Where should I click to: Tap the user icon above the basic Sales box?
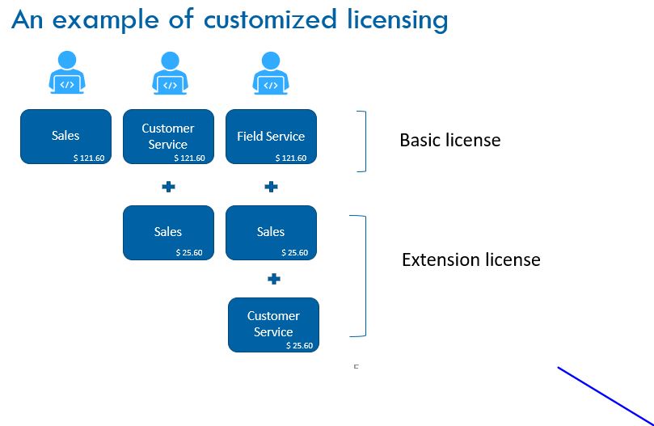pyautogui.click(x=66, y=73)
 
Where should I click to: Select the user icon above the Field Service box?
pyautogui.click(x=271, y=73)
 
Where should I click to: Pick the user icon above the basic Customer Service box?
pyautogui.click(x=169, y=73)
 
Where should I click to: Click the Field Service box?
pyautogui.click(x=271, y=137)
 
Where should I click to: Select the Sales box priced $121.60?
pyautogui.click(x=65, y=137)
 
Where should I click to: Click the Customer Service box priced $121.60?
pyautogui.click(x=168, y=137)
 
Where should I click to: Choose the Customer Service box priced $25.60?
pyautogui.click(x=273, y=324)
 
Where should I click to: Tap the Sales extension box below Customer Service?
pyautogui.click(x=168, y=233)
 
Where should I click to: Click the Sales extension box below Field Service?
pyautogui.click(x=271, y=233)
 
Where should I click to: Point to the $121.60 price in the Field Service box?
pyautogui.click(x=291, y=158)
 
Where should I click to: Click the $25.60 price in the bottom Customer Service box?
pyautogui.click(x=299, y=345)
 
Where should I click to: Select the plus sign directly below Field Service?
pyautogui.click(x=272, y=187)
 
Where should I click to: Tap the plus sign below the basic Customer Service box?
pyautogui.click(x=168, y=187)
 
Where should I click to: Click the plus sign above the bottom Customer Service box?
pyautogui.click(x=274, y=279)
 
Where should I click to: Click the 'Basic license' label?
pyautogui.click(x=449, y=141)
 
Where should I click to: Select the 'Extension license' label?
pyautogui.click(x=470, y=260)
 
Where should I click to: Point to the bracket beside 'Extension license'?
pyautogui.click(x=364, y=275)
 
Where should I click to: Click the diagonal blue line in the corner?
pyautogui.click(x=606, y=395)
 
